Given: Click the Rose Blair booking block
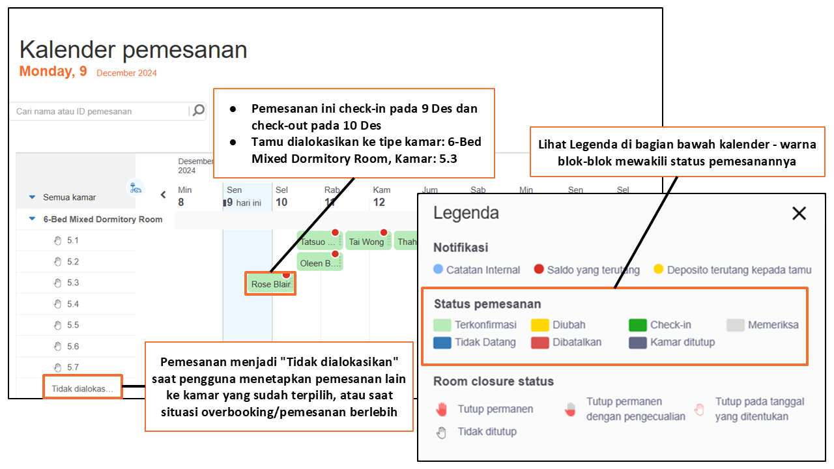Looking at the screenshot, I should (x=270, y=284).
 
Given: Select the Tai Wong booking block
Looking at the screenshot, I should (x=367, y=242).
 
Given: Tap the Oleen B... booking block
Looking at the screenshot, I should (x=319, y=263).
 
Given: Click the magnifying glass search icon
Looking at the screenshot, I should (x=198, y=111).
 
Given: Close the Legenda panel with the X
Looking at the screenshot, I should (x=799, y=213).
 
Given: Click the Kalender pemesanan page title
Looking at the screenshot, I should (x=134, y=50).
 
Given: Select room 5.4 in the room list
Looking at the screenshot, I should (x=72, y=304).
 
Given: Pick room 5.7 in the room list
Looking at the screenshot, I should (x=72, y=367).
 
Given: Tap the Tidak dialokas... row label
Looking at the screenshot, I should (x=82, y=389).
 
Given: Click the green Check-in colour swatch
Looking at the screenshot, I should (x=637, y=325).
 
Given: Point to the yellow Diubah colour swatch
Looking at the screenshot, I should (x=540, y=325).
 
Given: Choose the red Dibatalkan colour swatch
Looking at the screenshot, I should (x=540, y=343).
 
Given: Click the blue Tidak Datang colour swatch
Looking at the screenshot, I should (x=442, y=343).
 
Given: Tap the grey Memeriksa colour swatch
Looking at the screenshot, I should (x=736, y=325).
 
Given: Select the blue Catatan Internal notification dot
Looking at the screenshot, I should (x=438, y=269).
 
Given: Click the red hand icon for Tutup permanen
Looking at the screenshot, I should (x=442, y=409).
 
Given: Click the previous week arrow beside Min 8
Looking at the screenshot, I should (x=164, y=194).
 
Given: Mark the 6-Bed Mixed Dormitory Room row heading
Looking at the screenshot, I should (x=102, y=220).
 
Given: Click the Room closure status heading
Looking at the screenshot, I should (x=493, y=382).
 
